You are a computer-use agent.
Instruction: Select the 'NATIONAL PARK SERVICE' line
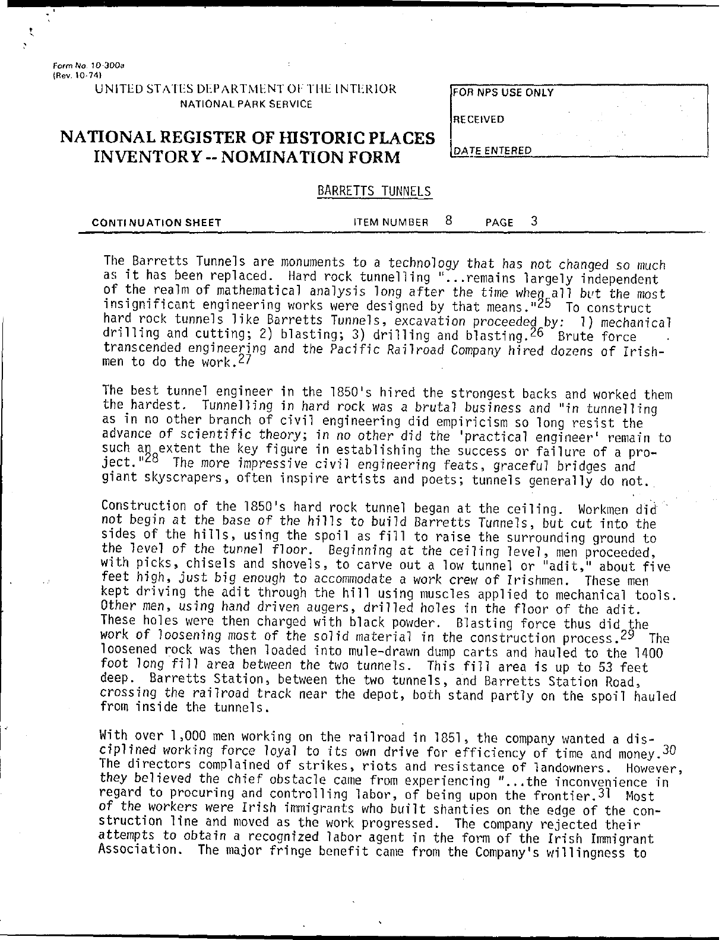coord(246,104)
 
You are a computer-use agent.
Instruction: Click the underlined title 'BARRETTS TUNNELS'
coord(374,191)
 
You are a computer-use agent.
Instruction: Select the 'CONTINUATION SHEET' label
coord(157,223)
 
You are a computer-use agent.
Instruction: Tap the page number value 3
coord(534,221)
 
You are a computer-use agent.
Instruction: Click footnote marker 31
coord(605,793)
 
